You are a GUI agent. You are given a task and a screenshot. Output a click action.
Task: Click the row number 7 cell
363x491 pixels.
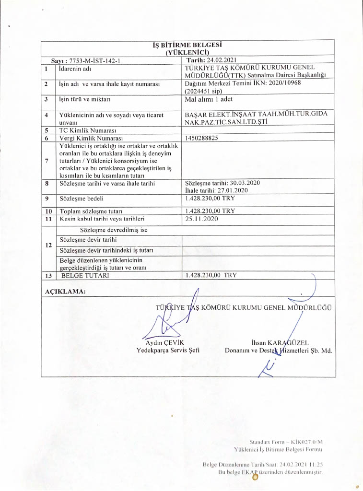47,161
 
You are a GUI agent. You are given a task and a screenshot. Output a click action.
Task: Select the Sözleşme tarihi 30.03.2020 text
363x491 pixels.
222,183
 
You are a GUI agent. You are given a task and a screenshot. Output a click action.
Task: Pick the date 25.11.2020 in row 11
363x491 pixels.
201,219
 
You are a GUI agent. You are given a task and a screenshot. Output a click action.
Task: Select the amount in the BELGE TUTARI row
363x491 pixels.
211,275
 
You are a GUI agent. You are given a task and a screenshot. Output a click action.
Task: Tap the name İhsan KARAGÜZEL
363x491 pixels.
280,343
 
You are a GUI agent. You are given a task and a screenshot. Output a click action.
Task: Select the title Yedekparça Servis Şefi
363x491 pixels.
168,351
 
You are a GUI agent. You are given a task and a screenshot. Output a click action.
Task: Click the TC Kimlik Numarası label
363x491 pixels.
88,130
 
